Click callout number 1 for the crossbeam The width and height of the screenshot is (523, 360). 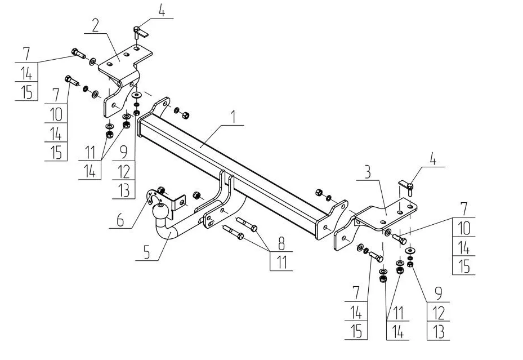[x=234, y=117]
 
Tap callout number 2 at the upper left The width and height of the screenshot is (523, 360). [x=95, y=26]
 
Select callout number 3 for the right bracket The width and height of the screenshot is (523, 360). [x=368, y=172]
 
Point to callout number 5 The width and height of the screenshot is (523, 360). [x=147, y=253]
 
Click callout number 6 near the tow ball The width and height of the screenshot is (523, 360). [x=120, y=220]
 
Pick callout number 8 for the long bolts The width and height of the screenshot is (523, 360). [x=282, y=243]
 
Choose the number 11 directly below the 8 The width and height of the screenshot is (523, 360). [x=282, y=263]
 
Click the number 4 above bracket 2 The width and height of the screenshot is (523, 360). [x=162, y=11]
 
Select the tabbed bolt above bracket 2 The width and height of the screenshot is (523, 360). [x=139, y=32]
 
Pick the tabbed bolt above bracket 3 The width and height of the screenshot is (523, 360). [x=407, y=188]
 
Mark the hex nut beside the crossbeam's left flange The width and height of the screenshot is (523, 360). [x=185, y=115]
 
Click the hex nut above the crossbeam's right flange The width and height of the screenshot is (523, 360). [x=319, y=193]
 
